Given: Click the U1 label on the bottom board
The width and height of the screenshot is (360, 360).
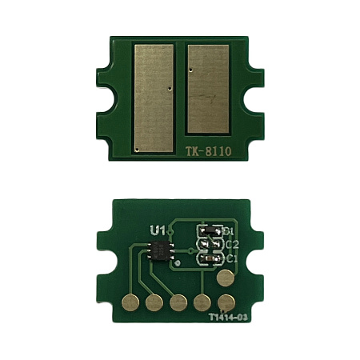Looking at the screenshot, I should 158,230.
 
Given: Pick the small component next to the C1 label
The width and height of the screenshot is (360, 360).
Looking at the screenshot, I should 209,259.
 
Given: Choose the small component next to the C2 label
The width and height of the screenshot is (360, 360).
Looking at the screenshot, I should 209,245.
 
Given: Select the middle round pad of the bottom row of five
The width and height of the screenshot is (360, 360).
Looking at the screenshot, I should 178,302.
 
